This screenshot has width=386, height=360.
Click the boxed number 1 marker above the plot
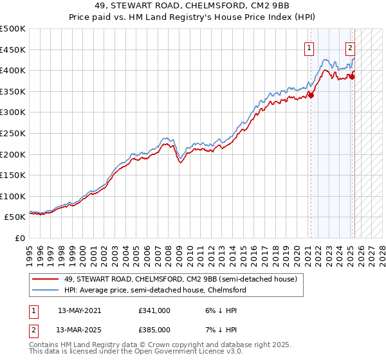tap(309, 47)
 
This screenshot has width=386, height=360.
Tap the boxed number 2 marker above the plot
tap(351, 47)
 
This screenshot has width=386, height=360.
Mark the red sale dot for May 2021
tap(311, 95)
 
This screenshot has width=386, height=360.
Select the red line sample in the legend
tap(45, 279)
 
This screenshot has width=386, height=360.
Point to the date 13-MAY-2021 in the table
tap(80, 310)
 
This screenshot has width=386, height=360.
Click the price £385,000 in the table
tap(154, 329)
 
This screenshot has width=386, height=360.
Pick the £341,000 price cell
tap(154, 310)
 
